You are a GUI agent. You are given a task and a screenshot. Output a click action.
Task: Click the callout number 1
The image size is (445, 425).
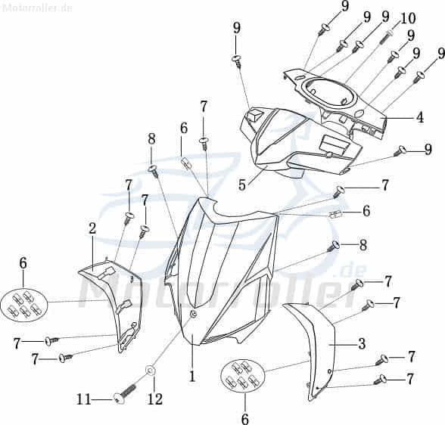[x=192, y=377]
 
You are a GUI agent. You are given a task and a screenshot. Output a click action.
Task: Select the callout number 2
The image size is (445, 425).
[x=92, y=228]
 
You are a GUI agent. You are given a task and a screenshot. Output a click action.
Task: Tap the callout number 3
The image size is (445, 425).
[x=362, y=343]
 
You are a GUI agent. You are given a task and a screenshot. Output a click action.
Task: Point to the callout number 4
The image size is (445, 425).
[x=419, y=117]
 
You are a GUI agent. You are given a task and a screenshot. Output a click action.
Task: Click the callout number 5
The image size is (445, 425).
[x=242, y=185]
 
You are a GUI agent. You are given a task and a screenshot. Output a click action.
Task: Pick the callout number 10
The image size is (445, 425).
[x=408, y=18]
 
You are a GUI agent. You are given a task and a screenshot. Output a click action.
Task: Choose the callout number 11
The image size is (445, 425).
[x=84, y=400]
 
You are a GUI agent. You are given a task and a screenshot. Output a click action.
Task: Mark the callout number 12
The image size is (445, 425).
[x=155, y=399]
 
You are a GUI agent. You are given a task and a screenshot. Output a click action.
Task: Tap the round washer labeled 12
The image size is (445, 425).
[x=150, y=371]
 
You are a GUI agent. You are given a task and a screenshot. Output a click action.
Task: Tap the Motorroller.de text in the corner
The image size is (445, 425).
[x=36, y=8]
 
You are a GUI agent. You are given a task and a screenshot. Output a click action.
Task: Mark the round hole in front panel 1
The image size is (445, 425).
[x=193, y=313]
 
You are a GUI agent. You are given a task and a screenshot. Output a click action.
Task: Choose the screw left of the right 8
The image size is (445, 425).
[x=334, y=247]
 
